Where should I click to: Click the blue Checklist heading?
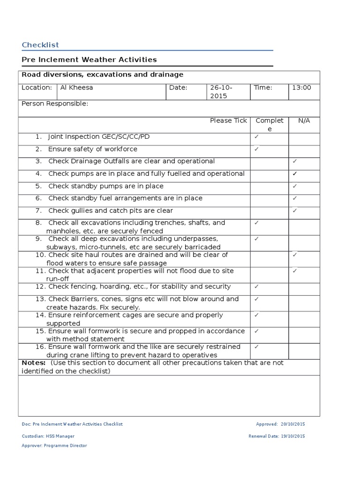pyautogui.click(x=40, y=45)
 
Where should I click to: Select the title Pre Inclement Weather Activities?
pyautogui.click(x=89, y=60)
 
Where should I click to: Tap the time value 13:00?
pyautogui.click(x=302, y=88)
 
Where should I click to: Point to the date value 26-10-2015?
pyautogui.click(x=221, y=91)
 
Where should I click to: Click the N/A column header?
pyautogui.click(x=304, y=121)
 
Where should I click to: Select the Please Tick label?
pyautogui.click(x=228, y=121)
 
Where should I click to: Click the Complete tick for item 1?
pyautogui.click(x=256, y=137)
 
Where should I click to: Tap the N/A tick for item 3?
pyautogui.click(x=294, y=161)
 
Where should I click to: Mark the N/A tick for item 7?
pyautogui.click(x=294, y=210)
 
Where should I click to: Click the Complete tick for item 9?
pyautogui.click(x=256, y=239)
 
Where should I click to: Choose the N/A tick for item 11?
pyautogui.click(x=294, y=270)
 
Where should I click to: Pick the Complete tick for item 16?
pyautogui.click(x=256, y=347)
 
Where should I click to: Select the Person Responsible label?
pyautogui.click(x=55, y=104)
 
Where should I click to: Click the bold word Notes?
pyautogui.click(x=34, y=363)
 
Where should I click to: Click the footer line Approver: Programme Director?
pyautogui.click(x=54, y=446)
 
